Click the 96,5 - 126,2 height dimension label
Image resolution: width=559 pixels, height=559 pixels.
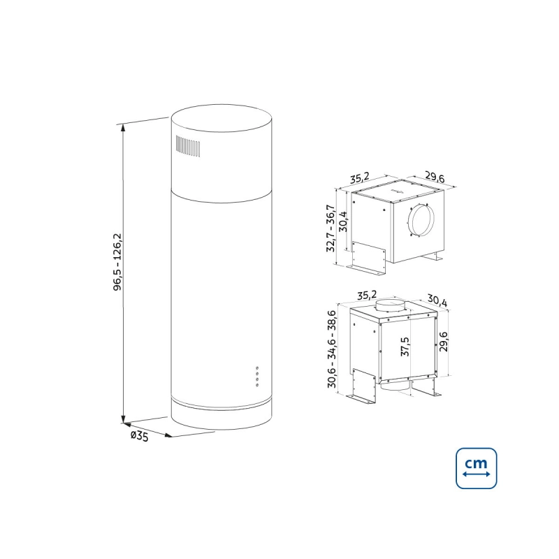coord(117,262)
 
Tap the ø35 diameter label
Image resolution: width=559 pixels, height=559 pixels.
coord(139,436)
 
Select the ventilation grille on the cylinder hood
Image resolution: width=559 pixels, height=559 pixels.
coord(187,146)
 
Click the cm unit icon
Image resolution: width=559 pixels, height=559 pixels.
coord(477,468)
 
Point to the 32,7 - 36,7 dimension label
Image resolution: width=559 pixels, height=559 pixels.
coord(330,228)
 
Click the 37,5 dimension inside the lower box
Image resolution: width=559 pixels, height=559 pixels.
coord(405,347)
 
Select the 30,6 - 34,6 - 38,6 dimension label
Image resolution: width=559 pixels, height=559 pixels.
coord(332,349)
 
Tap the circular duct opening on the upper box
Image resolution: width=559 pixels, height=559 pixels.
coord(421,220)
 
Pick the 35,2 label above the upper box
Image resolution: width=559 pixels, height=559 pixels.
coord(359,178)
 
